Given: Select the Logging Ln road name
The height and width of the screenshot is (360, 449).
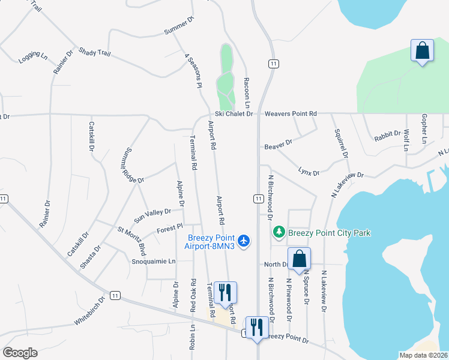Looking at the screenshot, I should [33, 57].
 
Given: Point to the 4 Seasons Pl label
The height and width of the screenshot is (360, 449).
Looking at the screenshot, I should [193, 71].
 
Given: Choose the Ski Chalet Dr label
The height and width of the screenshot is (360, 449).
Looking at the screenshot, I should [235, 113].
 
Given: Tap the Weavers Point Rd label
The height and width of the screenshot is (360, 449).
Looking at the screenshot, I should [291, 113].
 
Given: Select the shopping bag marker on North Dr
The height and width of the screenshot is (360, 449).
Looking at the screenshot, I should [299, 259].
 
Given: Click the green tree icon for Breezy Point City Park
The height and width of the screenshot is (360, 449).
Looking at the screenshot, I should [279, 232].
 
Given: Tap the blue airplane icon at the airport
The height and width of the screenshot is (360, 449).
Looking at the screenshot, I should [243, 241].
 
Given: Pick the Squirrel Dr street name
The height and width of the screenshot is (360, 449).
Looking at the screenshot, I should [341, 142].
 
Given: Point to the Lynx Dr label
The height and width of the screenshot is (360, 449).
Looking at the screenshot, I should [309, 172].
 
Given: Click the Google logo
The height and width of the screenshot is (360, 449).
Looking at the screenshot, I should [20, 353].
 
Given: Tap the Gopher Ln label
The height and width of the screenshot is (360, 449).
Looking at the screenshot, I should [423, 128].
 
